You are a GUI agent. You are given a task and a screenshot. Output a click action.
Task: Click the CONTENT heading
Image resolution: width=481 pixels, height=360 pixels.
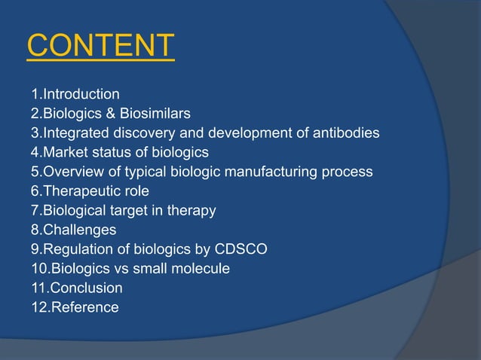(x=100, y=46)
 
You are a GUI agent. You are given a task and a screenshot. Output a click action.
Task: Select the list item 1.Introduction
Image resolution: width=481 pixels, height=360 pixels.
(x=75, y=94)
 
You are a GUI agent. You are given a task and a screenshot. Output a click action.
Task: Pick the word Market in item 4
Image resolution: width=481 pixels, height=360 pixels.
(x=65, y=153)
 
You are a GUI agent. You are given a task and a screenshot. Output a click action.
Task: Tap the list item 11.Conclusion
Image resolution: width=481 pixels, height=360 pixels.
(x=76, y=288)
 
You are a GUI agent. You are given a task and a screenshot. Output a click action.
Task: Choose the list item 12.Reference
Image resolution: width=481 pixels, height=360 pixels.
(x=75, y=307)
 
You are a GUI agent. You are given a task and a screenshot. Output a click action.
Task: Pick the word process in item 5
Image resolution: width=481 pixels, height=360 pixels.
(x=348, y=172)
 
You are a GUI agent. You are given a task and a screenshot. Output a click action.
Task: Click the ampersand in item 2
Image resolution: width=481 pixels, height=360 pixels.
(x=115, y=114)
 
